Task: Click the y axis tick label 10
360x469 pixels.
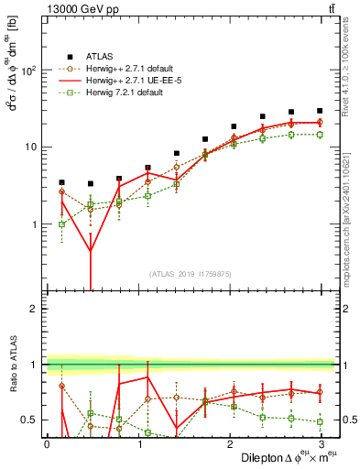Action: pos(28,147)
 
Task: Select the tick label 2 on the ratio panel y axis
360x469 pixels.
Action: pos(32,309)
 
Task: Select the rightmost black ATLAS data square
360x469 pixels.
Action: pos(319,111)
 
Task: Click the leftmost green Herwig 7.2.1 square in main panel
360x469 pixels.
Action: pos(61,224)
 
